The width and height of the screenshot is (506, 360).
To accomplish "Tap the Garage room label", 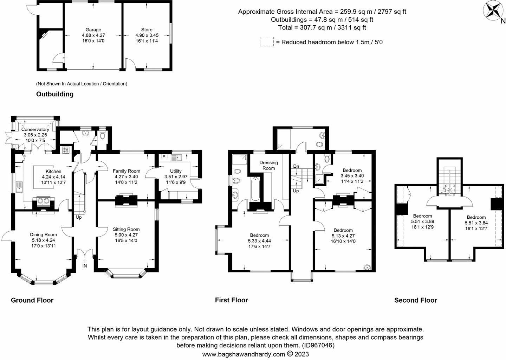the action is tap(93, 30).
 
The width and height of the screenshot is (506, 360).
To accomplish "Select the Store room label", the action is tap(147, 30).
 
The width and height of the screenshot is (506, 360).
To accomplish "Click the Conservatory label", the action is tap(35, 129).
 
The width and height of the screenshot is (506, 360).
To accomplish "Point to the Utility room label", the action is tap(176, 171).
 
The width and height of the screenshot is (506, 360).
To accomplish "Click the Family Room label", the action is tap(126, 171).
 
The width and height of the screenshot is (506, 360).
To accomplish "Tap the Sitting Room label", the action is tap(126, 229).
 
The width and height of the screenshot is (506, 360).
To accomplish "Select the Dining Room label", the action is tap(43, 234).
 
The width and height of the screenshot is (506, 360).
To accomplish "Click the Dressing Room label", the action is tap(268, 166).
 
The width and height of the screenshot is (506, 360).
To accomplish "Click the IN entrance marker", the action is tap(84, 266).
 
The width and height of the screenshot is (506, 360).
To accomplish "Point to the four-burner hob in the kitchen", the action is tap(66, 150).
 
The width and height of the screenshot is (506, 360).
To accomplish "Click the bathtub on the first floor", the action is tap(255, 189).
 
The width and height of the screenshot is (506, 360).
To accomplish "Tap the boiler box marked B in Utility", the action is tap(164, 156).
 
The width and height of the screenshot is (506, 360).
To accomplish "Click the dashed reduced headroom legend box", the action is tap(267, 42).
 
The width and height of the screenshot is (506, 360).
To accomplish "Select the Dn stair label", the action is tap(296, 166).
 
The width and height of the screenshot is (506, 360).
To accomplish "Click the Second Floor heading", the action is tap(415, 300).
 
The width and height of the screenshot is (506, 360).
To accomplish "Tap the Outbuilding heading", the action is tap(55, 94).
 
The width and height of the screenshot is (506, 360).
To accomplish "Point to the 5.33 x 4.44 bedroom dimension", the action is tap(259, 241).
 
